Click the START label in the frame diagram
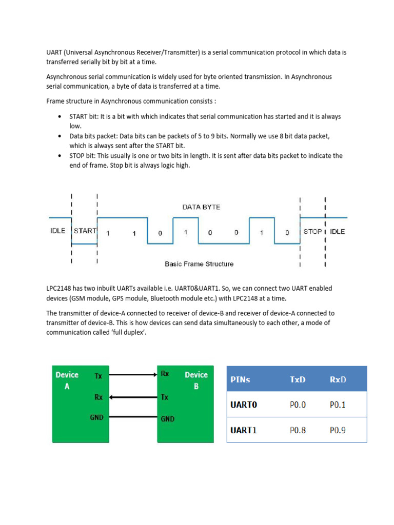85,231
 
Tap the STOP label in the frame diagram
312,232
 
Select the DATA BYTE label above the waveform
201,207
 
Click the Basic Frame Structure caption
199,264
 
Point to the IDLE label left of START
58,231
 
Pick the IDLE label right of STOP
337,232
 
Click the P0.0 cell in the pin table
298,405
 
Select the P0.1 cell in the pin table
338,405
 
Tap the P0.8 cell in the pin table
298,430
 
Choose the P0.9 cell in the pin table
338,430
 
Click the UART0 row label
244,405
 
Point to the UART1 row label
244,430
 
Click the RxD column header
338,380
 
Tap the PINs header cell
244,380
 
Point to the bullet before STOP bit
62,155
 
